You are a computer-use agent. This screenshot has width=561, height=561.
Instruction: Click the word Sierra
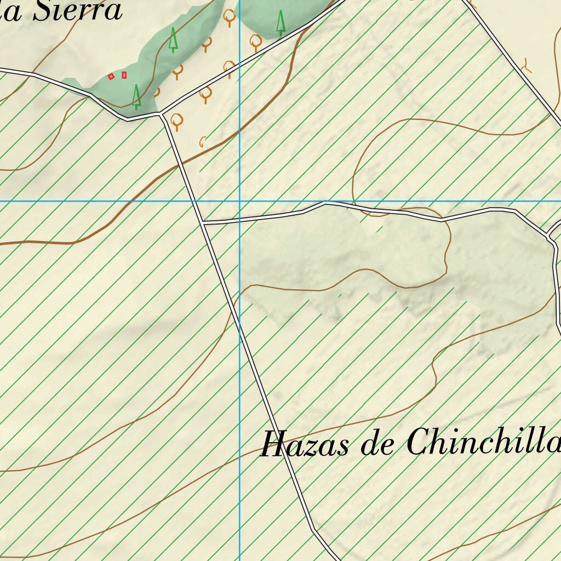pos(77,11)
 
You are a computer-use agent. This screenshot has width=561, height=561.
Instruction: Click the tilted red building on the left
pos(111,76)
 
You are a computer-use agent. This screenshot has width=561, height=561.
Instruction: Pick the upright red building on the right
pos(124,75)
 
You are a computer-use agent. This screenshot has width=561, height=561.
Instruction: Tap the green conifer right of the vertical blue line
pos(281,24)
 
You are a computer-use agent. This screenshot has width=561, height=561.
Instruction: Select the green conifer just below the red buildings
pos(136,96)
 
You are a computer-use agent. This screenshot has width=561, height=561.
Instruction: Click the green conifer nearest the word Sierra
pos(173,40)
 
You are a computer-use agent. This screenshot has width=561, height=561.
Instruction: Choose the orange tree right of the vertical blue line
pos(256,41)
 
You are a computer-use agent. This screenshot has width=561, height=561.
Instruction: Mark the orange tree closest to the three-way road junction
pos(176,121)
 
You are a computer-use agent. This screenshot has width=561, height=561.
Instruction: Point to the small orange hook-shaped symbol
pos(203,142)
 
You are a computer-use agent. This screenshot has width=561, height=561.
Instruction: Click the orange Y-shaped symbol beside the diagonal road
pos(527,66)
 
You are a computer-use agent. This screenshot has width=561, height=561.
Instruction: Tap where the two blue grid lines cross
pos(239,201)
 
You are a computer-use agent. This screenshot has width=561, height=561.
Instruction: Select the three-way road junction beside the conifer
pos(162,114)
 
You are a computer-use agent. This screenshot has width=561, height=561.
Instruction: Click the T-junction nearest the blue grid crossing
pos(203,223)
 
